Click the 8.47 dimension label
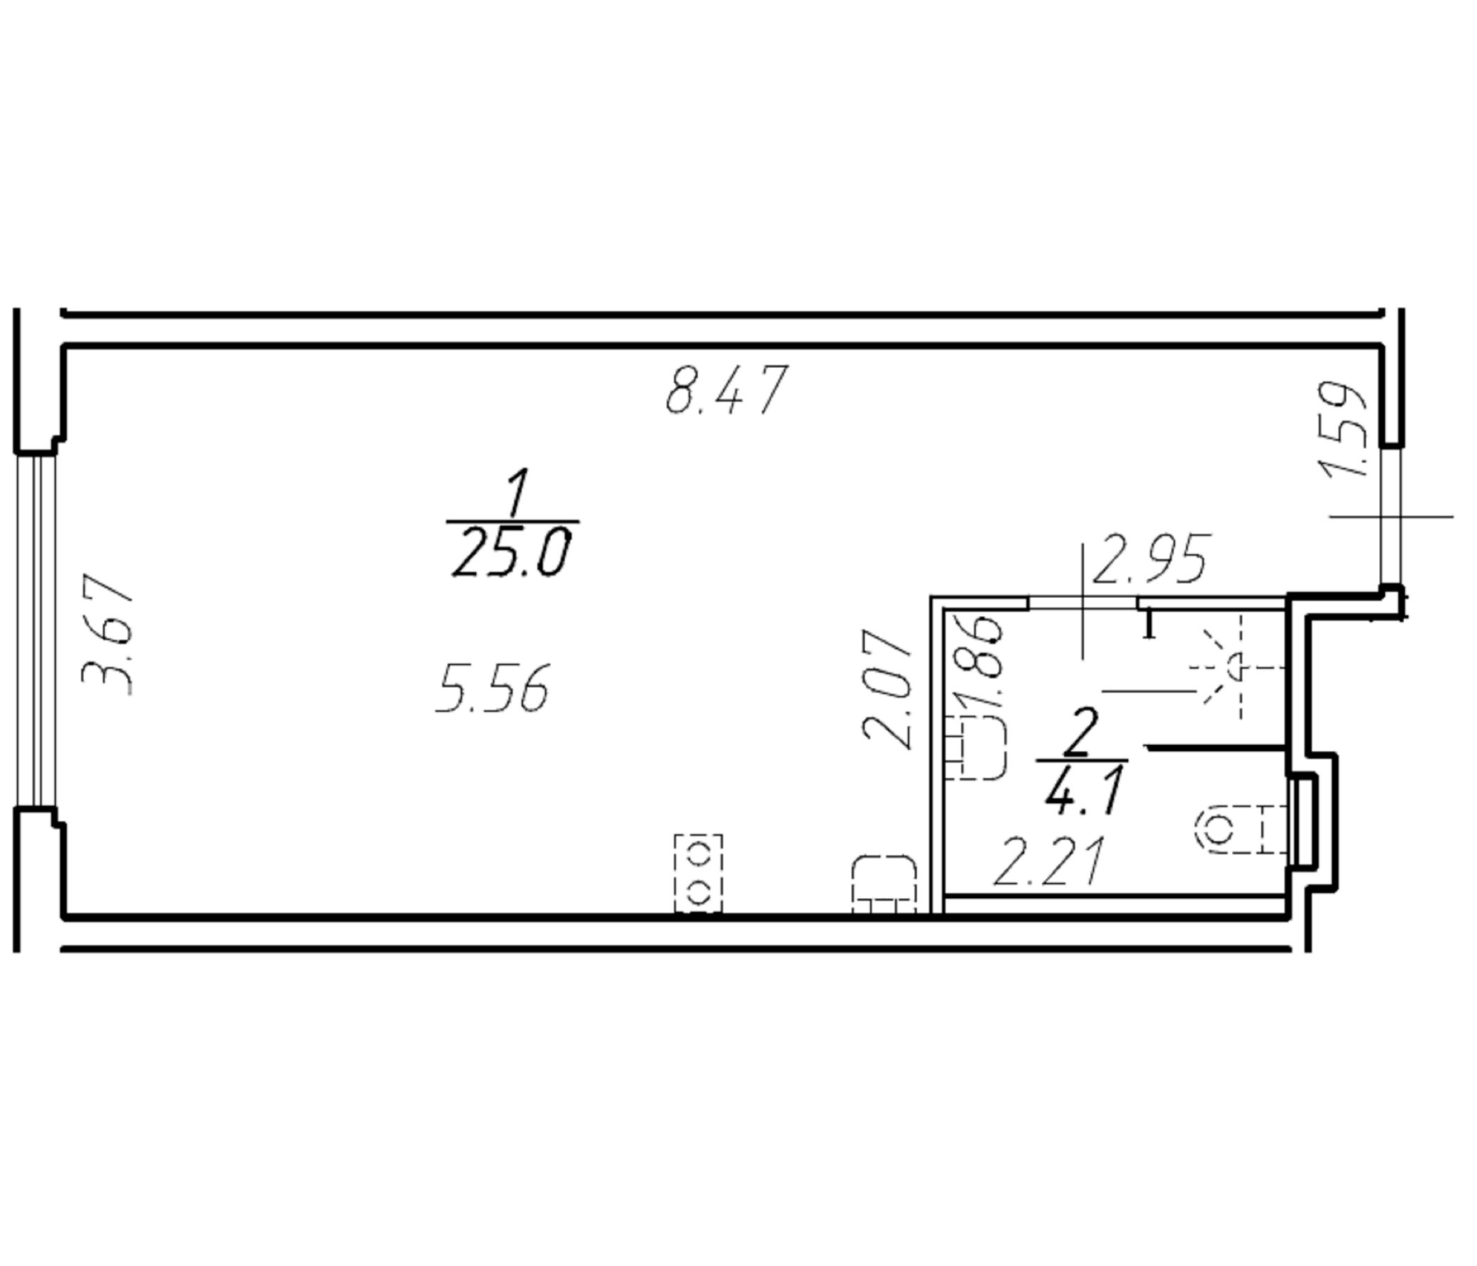(x=727, y=389)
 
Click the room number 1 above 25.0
(x=517, y=492)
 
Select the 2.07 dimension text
(x=888, y=688)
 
